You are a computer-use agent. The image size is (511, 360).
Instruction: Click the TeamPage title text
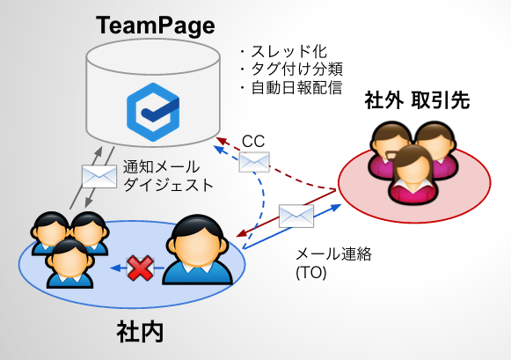click(156, 26)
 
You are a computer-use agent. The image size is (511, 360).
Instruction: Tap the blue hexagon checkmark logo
click(153, 112)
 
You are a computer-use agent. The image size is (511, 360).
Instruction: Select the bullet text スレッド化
click(288, 52)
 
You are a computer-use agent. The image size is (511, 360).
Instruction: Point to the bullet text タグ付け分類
click(296, 70)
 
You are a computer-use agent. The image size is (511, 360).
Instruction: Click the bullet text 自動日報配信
click(296, 87)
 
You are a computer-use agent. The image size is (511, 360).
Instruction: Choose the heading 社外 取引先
click(417, 100)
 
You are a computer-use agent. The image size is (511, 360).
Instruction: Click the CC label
click(253, 142)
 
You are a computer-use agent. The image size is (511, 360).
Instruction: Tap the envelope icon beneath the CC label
click(254, 162)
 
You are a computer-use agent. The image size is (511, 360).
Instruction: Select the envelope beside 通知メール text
click(99, 176)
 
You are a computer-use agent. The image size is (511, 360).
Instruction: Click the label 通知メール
click(161, 167)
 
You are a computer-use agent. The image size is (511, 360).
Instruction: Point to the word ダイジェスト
click(168, 185)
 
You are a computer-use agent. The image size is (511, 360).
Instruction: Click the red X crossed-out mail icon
click(140, 268)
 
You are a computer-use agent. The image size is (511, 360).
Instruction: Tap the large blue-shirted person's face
click(197, 245)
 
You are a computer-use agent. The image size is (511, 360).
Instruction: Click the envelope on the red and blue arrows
click(296, 216)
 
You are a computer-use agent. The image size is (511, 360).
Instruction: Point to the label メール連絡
click(333, 254)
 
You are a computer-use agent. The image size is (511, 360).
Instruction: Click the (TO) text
click(311, 273)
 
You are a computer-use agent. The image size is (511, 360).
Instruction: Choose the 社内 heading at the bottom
click(141, 332)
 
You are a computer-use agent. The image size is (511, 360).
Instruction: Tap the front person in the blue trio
click(69, 263)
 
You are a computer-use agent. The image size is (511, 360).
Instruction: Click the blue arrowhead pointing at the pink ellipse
click(337, 207)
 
